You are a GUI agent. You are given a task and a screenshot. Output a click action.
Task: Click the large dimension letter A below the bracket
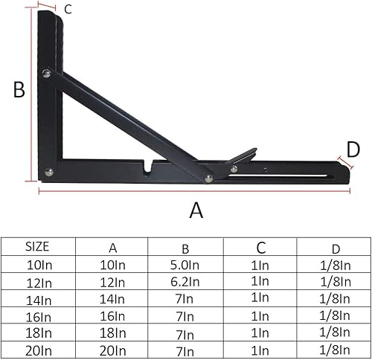(196, 210)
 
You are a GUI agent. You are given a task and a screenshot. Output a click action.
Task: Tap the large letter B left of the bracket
(19, 90)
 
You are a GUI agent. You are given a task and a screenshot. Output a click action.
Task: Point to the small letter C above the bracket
(68, 10)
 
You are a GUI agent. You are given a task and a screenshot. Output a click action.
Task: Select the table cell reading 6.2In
(185, 282)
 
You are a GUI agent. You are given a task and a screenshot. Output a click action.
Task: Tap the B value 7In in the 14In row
(185, 299)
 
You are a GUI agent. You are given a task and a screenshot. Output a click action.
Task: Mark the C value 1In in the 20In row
(260, 350)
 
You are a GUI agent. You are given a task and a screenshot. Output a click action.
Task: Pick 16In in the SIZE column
(39, 316)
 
